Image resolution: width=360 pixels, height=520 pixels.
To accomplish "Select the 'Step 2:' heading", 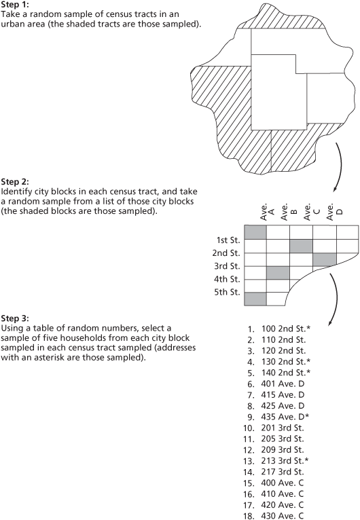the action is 16,183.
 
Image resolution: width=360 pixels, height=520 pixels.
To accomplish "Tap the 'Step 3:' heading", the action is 16,318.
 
